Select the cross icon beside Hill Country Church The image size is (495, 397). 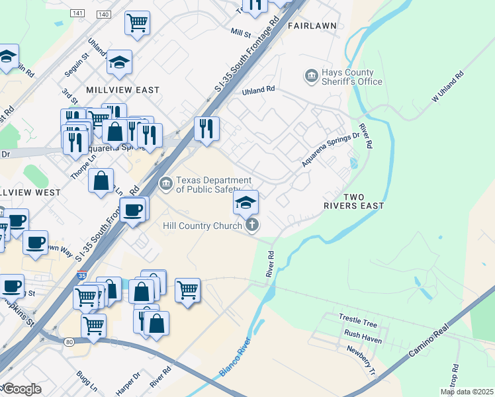click(251, 226)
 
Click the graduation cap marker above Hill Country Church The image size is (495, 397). click(246, 202)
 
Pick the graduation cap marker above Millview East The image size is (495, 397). click(120, 63)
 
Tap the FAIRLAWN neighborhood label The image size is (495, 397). click(312, 25)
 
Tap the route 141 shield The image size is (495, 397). click(79, 14)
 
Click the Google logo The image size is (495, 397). click(22, 389)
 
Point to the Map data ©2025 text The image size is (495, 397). click(466, 392)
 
